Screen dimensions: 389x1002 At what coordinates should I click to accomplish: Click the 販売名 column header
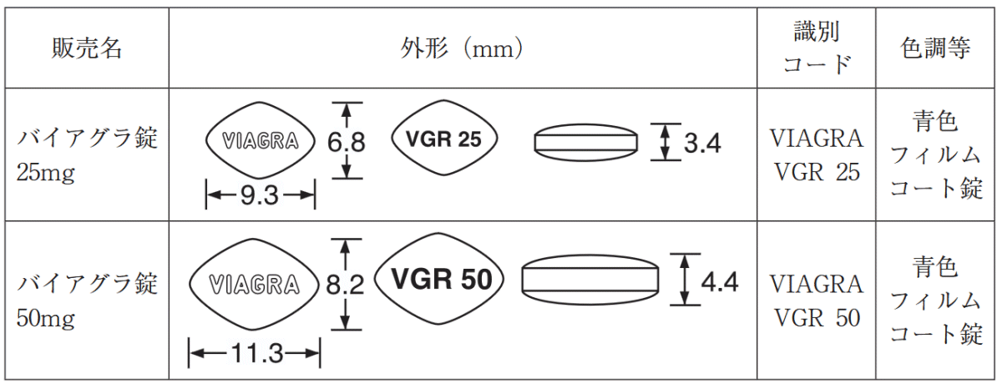tap(87, 48)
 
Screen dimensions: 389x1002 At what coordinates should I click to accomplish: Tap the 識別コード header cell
tap(816, 48)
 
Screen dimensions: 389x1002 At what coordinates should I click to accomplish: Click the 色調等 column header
tap(935, 48)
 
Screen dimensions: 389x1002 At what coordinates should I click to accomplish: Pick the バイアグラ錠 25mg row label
tap(87, 155)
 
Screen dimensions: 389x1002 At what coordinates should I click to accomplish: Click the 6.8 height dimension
tap(346, 143)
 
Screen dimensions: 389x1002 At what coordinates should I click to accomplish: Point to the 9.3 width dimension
tap(260, 197)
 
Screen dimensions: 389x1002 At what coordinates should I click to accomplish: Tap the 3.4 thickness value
tap(701, 144)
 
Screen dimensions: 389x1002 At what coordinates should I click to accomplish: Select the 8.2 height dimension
tap(345, 285)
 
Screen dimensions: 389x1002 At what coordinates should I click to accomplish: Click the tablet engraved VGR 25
tap(443, 139)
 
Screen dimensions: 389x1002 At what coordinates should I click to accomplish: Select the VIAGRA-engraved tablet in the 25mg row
tap(261, 139)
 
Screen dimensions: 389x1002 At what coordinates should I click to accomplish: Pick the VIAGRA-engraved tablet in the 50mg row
tap(255, 284)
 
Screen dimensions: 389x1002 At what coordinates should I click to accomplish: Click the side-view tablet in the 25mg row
tap(585, 143)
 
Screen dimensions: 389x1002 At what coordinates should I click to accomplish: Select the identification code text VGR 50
tap(816, 318)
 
